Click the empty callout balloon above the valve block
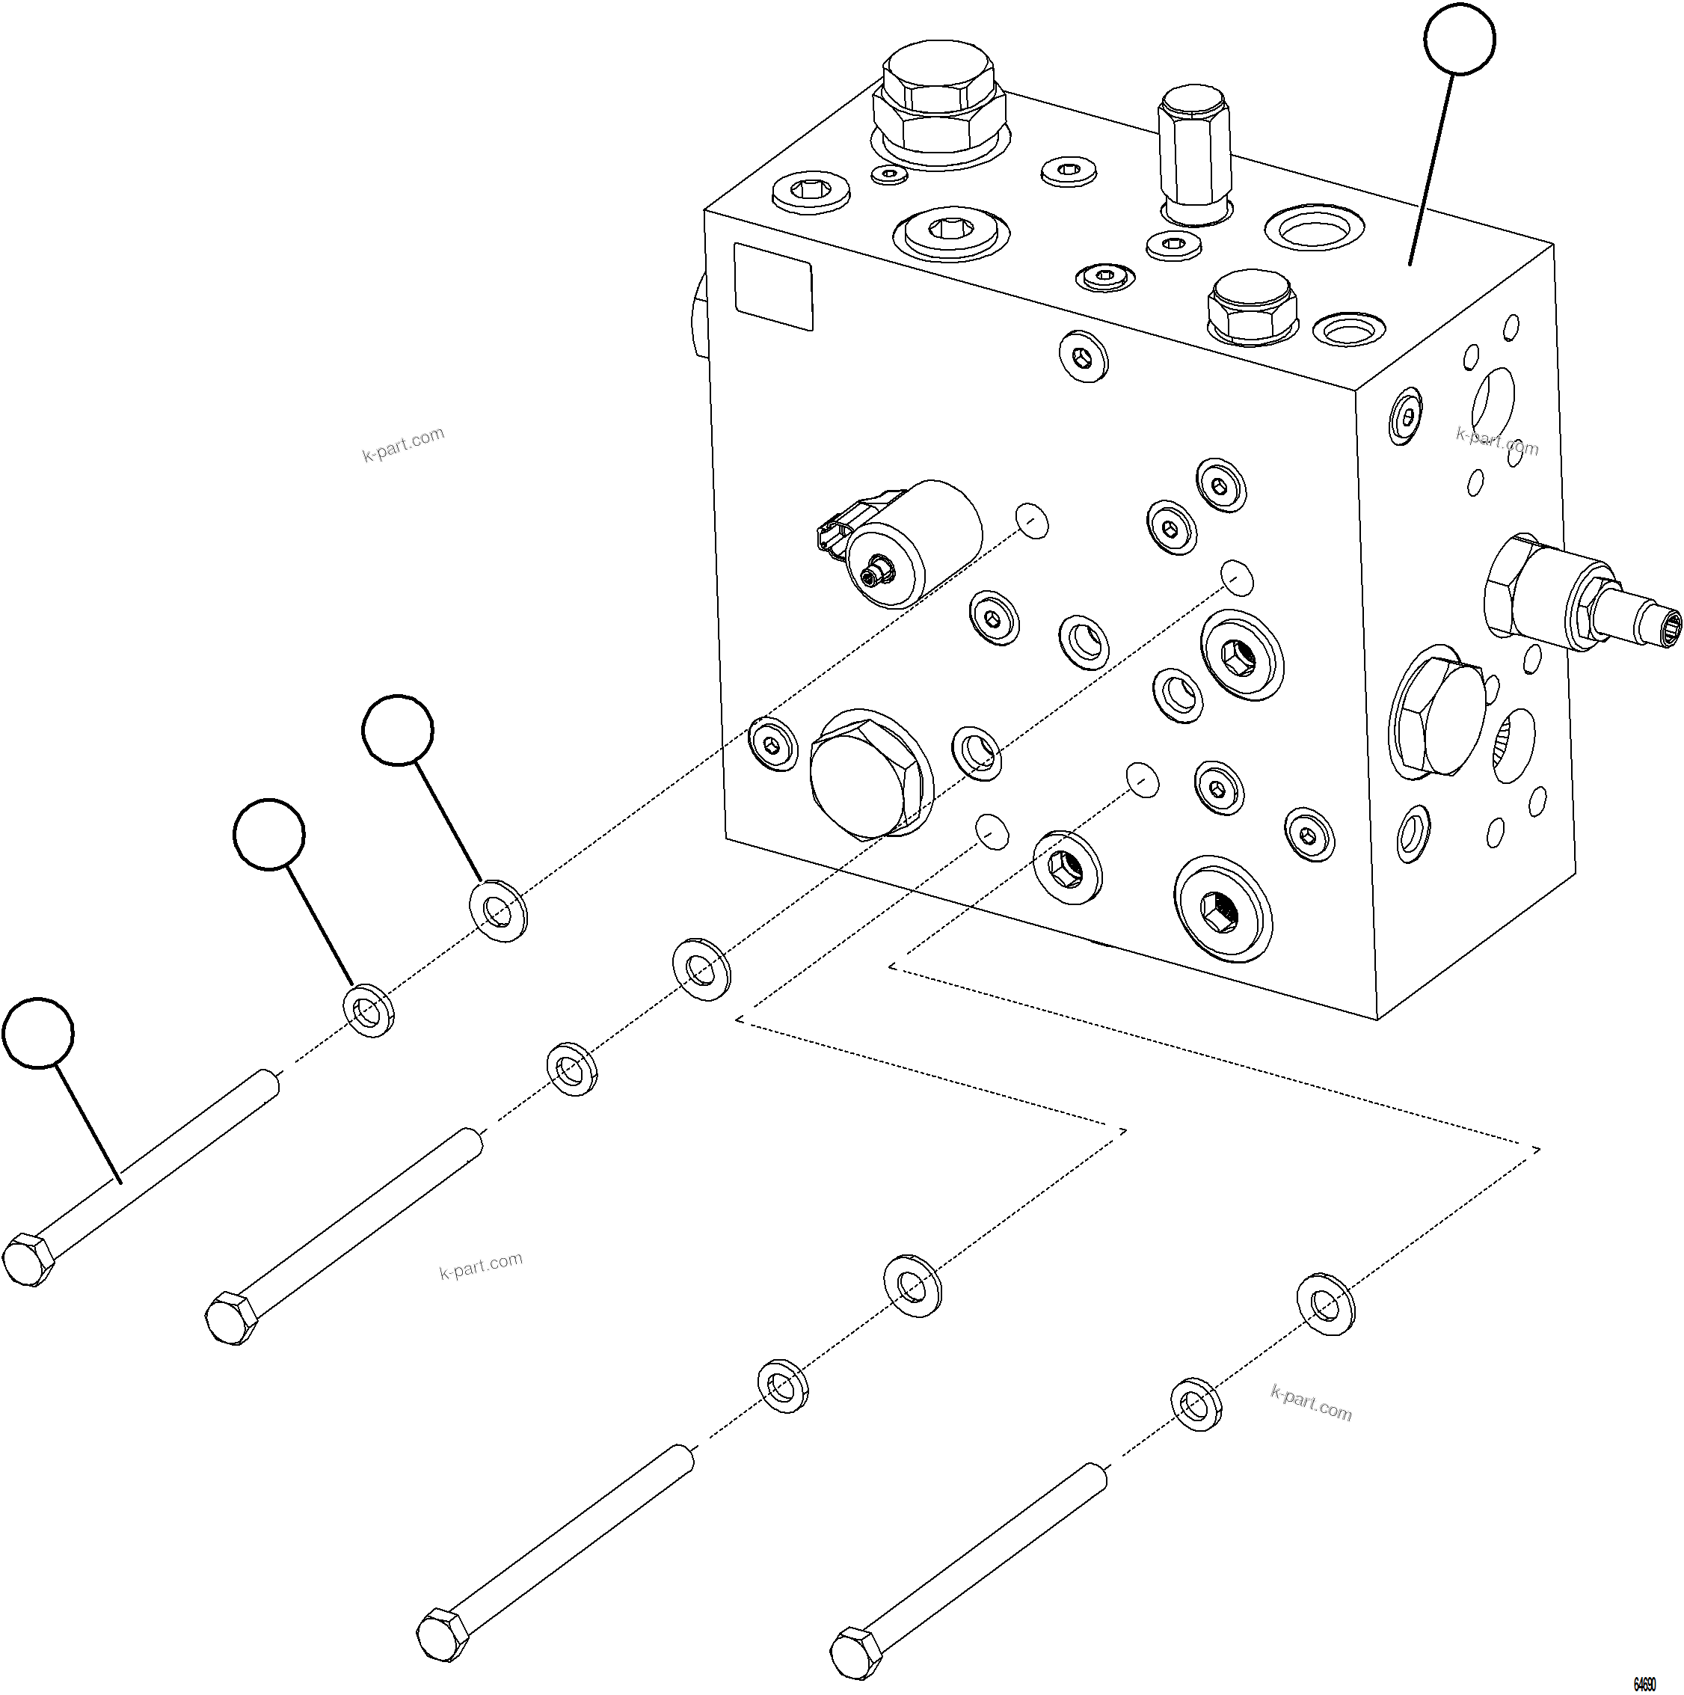point(1459,39)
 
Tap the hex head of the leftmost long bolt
point(28,1260)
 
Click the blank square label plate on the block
point(772,286)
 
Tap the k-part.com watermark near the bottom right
point(1310,1402)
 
